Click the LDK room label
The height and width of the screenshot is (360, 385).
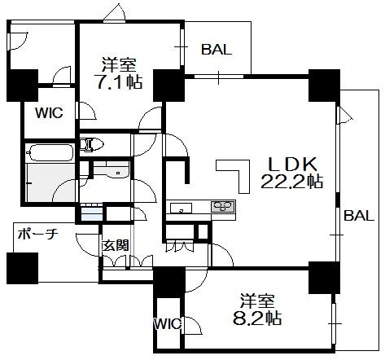(x=292, y=165)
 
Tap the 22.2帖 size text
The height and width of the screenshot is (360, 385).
(x=291, y=181)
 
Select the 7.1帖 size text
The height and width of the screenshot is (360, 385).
(x=120, y=81)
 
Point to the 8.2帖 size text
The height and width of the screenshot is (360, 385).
(x=257, y=318)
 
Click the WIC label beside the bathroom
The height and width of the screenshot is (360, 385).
(x=49, y=112)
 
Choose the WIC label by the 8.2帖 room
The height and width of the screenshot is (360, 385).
(x=168, y=323)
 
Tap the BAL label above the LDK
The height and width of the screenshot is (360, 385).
(x=217, y=50)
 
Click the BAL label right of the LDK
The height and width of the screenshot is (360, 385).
(x=359, y=216)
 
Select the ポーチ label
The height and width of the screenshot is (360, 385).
(x=38, y=234)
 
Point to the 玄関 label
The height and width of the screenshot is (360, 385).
(x=115, y=246)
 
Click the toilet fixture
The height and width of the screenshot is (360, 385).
(x=92, y=144)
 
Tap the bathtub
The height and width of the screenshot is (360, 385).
(x=50, y=152)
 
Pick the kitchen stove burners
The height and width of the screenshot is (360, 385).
(x=223, y=206)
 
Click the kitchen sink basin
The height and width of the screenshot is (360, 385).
(x=181, y=208)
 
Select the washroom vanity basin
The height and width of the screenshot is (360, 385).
(x=112, y=170)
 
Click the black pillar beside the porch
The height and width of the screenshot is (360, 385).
(x=22, y=268)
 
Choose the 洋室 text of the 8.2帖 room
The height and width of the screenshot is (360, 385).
(x=258, y=301)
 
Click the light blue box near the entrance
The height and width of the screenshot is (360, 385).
(x=92, y=213)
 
